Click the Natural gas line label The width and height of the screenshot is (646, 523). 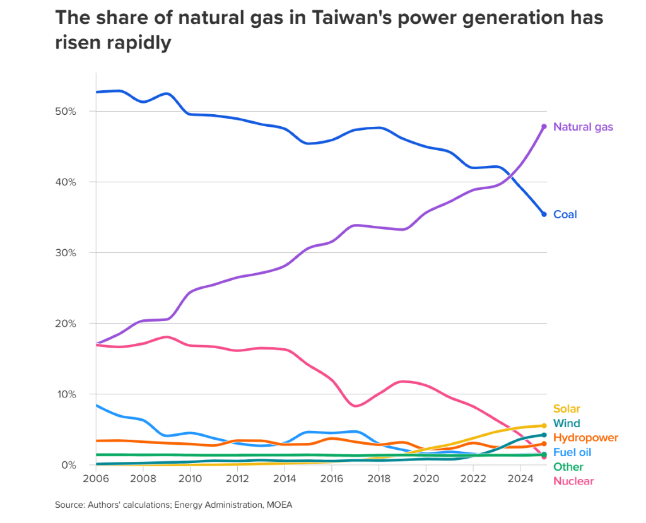pyautogui.click(x=583, y=127)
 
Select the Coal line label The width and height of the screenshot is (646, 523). pyautogui.click(x=565, y=214)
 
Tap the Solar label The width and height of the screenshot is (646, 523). pyautogui.click(x=567, y=409)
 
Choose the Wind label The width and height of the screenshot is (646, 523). pyautogui.click(x=567, y=423)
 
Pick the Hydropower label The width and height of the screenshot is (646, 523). pyautogui.click(x=585, y=438)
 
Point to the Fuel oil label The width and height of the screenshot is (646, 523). pyautogui.click(x=572, y=452)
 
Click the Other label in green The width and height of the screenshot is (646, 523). pyautogui.click(x=568, y=467)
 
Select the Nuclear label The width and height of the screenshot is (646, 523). pyautogui.click(x=573, y=481)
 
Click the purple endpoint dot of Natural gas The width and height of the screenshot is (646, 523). pyautogui.click(x=544, y=127)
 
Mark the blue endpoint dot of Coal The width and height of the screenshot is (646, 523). pyautogui.click(x=544, y=214)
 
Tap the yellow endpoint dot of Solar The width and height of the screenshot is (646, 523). pyautogui.click(x=544, y=426)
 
